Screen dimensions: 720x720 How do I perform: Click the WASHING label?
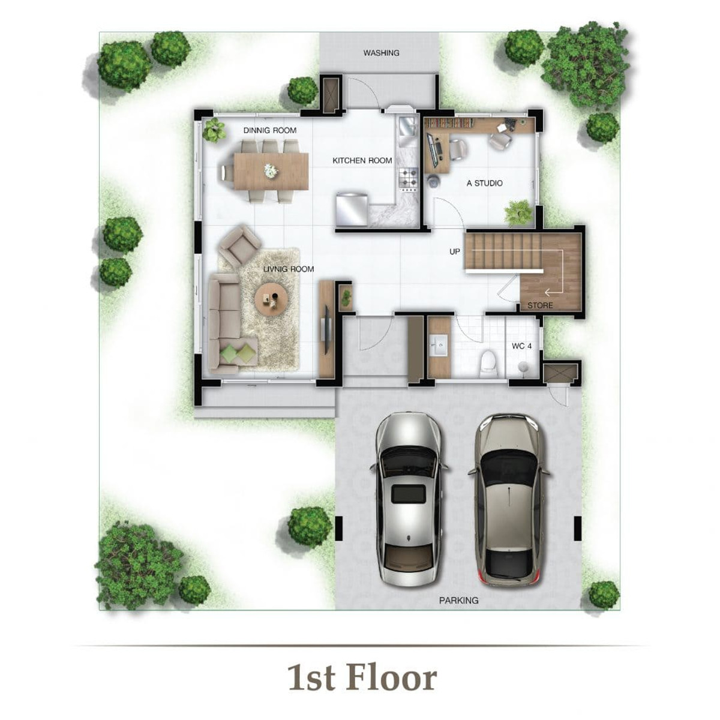click(x=381, y=53)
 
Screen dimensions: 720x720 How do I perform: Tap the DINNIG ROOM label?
click(x=270, y=130)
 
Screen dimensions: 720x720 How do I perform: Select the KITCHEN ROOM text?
click(x=362, y=161)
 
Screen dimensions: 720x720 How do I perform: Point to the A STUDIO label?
click(x=484, y=183)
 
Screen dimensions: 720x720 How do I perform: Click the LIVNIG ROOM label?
click(x=288, y=269)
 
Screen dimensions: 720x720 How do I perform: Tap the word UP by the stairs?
click(x=454, y=252)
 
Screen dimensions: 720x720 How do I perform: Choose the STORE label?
click(x=540, y=305)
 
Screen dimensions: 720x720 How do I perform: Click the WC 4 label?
click(x=521, y=346)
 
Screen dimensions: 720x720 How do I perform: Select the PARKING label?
click(x=458, y=601)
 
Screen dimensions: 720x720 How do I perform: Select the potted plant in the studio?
click(x=518, y=213)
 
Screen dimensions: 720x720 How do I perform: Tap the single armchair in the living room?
click(x=239, y=244)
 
